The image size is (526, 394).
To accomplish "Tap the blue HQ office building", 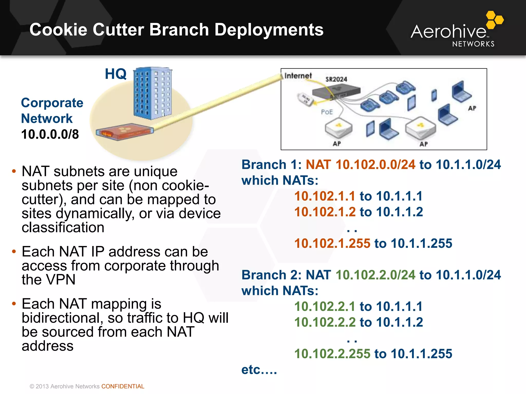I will click(153, 94).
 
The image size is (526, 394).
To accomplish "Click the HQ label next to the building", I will click(116, 74).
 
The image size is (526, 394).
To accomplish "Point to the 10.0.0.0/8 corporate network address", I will click(50, 134).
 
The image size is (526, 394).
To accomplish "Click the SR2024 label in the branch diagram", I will click(336, 79).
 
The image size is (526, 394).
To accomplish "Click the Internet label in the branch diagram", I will click(298, 76).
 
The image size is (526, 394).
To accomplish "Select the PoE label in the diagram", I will click(327, 112).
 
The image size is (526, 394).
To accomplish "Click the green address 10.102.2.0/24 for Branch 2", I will click(375, 275).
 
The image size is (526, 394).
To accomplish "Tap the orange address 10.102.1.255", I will click(332, 243).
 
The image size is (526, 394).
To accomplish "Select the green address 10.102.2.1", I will click(325, 306).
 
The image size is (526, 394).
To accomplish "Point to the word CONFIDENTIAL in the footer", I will click(123, 386).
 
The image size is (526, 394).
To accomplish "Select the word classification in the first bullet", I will click(63, 227).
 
